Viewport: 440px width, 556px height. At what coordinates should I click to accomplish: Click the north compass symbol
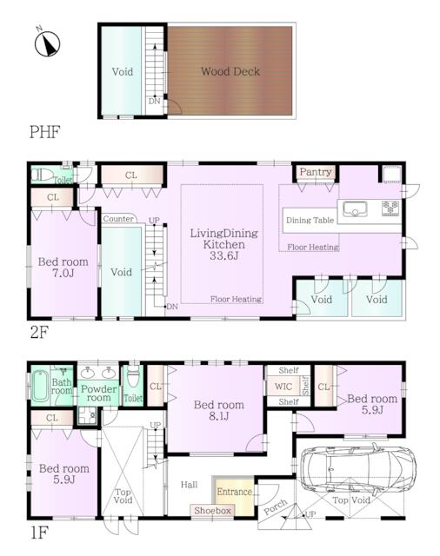coord(47,43)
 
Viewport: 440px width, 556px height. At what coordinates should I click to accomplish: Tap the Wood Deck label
coord(230,71)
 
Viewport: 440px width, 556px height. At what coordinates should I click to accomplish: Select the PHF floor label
coord(44,132)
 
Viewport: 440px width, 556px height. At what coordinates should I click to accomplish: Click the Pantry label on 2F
coord(316,172)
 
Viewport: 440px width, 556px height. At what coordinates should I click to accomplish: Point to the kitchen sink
coord(355,208)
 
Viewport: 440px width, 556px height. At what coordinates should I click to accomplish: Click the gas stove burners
coord(390,208)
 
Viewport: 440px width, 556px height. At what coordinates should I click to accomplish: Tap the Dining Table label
coord(310,220)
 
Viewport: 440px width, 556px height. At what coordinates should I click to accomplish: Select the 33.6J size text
coord(223,255)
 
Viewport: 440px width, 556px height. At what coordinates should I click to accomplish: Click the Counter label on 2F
coord(118,219)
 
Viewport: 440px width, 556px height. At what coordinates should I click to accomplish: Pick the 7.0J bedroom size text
coord(63,273)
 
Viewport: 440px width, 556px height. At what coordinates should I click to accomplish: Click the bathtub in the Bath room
coord(40,386)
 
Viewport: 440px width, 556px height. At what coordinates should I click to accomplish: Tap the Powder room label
coord(98,394)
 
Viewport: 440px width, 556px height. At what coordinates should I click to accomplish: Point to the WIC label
coord(283,386)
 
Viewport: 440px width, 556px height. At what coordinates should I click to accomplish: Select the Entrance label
coord(234,492)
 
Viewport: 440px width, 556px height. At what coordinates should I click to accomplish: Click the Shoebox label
coord(212,511)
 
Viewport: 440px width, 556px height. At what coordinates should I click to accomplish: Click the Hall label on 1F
coord(189,485)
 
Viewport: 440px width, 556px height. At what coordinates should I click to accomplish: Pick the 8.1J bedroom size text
coord(218,416)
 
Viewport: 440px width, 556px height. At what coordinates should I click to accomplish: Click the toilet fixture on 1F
coord(133,377)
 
